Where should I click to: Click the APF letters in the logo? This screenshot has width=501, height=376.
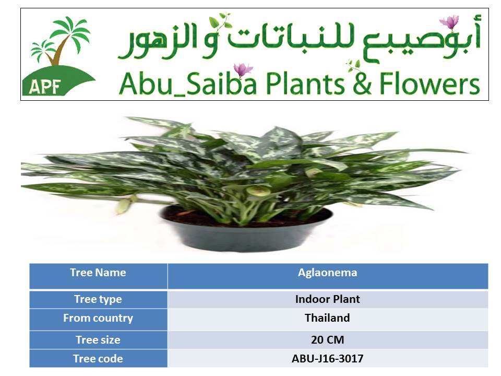(x=45, y=86)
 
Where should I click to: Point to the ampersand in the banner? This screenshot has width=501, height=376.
(x=362, y=83)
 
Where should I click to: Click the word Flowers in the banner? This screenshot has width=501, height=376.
(x=430, y=83)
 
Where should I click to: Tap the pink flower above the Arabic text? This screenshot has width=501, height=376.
(x=449, y=22)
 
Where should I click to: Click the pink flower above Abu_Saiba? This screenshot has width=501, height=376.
(x=243, y=70)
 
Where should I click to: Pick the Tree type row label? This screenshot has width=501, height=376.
(x=98, y=299)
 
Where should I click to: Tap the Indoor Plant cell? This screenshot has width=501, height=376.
(x=328, y=299)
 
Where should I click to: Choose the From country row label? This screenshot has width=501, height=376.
(x=98, y=318)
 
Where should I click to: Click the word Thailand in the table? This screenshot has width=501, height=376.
(x=327, y=318)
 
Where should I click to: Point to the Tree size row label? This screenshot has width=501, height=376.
(x=98, y=340)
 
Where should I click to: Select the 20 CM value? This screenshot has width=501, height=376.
(x=328, y=340)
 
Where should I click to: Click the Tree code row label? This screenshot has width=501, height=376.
(x=98, y=359)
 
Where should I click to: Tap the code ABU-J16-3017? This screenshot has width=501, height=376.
(x=328, y=359)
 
